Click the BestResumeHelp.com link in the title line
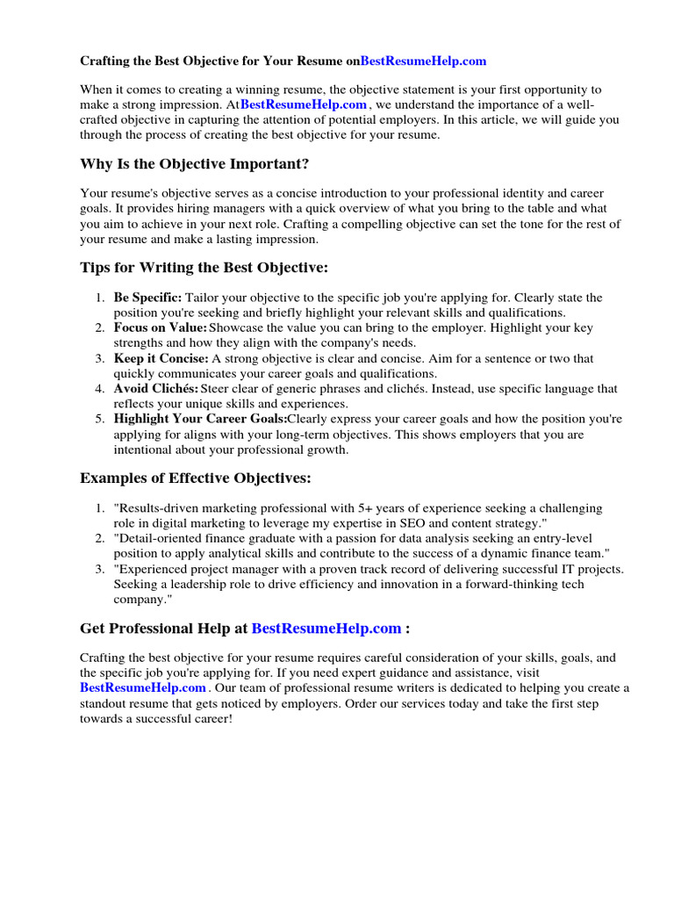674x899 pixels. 423,61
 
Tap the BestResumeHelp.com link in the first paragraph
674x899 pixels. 304,104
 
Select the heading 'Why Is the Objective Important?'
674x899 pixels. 194,163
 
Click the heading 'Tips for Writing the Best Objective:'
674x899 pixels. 204,267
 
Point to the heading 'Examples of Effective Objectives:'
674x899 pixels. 196,478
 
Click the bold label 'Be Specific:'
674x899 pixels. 147,298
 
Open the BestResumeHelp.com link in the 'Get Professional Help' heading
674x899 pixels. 326,629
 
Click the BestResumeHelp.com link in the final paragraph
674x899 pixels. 143,687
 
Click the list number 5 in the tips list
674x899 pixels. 100,419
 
